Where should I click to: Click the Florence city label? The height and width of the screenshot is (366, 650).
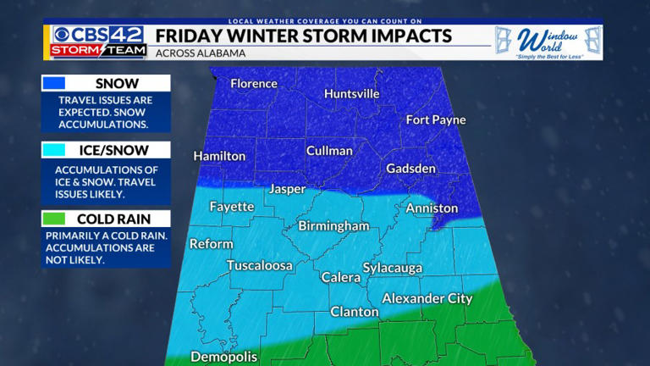254,84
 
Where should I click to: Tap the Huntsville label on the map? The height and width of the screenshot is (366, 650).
351,94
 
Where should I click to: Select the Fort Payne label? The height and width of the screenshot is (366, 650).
436,119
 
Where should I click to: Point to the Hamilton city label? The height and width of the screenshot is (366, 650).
219,156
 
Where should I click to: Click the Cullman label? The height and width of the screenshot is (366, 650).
329,151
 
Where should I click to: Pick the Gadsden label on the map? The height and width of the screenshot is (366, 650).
411,169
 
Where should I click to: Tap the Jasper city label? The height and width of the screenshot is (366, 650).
287,189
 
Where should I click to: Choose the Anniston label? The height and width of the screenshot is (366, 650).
432,208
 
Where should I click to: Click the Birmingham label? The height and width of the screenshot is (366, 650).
333,226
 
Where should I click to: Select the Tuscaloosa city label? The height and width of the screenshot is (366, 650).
259,265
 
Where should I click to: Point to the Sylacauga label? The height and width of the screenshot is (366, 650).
392,268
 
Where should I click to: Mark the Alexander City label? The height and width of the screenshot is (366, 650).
427,298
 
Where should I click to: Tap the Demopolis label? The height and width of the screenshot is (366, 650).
223,357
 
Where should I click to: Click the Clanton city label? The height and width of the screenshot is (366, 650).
354,312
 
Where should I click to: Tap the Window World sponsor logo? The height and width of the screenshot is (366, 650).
548,42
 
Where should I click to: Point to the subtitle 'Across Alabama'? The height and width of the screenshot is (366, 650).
200,53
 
